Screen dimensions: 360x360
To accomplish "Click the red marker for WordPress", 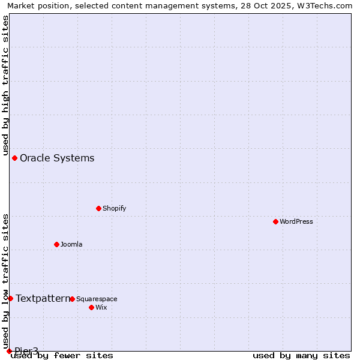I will [x=275, y=221].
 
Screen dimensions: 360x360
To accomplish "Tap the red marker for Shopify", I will [x=98, y=208].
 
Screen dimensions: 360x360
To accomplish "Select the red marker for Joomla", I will [x=56, y=244].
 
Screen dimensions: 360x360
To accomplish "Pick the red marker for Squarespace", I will [x=72, y=299].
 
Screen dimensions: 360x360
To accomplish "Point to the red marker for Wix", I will [x=91, y=307].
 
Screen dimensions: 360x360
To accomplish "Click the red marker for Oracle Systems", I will [x=14, y=158].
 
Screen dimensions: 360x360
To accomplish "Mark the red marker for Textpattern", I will [x=10, y=298].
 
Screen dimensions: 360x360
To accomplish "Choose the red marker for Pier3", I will [x=9, y=351].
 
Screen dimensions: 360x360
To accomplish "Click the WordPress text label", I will [x=296, y=221].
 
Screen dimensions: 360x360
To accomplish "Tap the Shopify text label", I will [x=114, y=208].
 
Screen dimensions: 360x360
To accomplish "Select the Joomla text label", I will [x=71, y=244].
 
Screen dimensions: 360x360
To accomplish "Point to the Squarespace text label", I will [x=97, y=299].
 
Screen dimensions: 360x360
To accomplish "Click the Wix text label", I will [x=101, y=307].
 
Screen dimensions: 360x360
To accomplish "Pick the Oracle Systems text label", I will [x=57, y=158].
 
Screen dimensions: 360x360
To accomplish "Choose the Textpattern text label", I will [x=42, y=298].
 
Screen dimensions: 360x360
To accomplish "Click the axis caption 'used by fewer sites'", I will [x=62, y=355].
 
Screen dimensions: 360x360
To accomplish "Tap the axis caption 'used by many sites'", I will [x=301, y=355].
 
